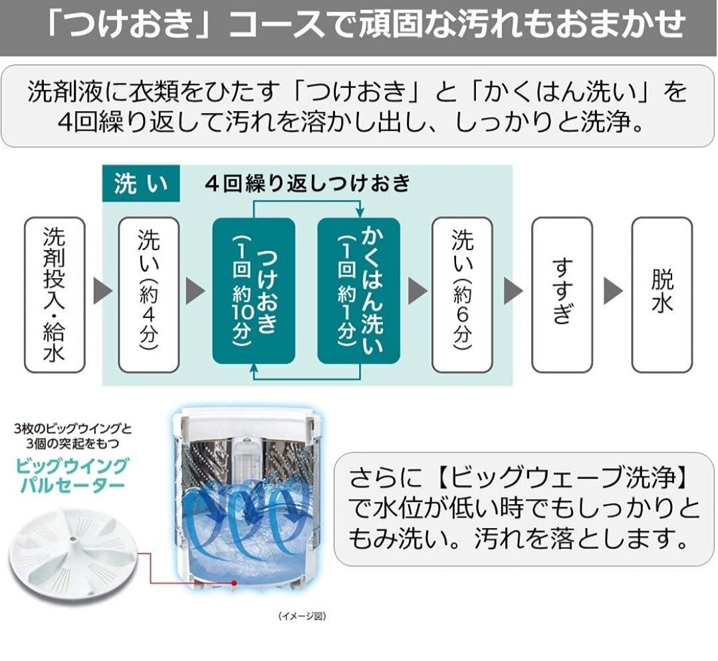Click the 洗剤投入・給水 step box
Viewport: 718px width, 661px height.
(55, 295)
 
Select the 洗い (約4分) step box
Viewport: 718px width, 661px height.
(149, 295)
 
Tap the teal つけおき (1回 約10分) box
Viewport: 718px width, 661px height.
(253, 291)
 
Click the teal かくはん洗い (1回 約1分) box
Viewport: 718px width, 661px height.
(358, 291)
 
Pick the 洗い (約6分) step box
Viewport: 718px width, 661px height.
(462, 295)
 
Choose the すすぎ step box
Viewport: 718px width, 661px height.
(562, 295)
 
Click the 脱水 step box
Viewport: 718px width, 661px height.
(661, 295)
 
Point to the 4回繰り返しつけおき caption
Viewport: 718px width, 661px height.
(307, 184)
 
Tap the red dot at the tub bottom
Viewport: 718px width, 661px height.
(233, 583)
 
